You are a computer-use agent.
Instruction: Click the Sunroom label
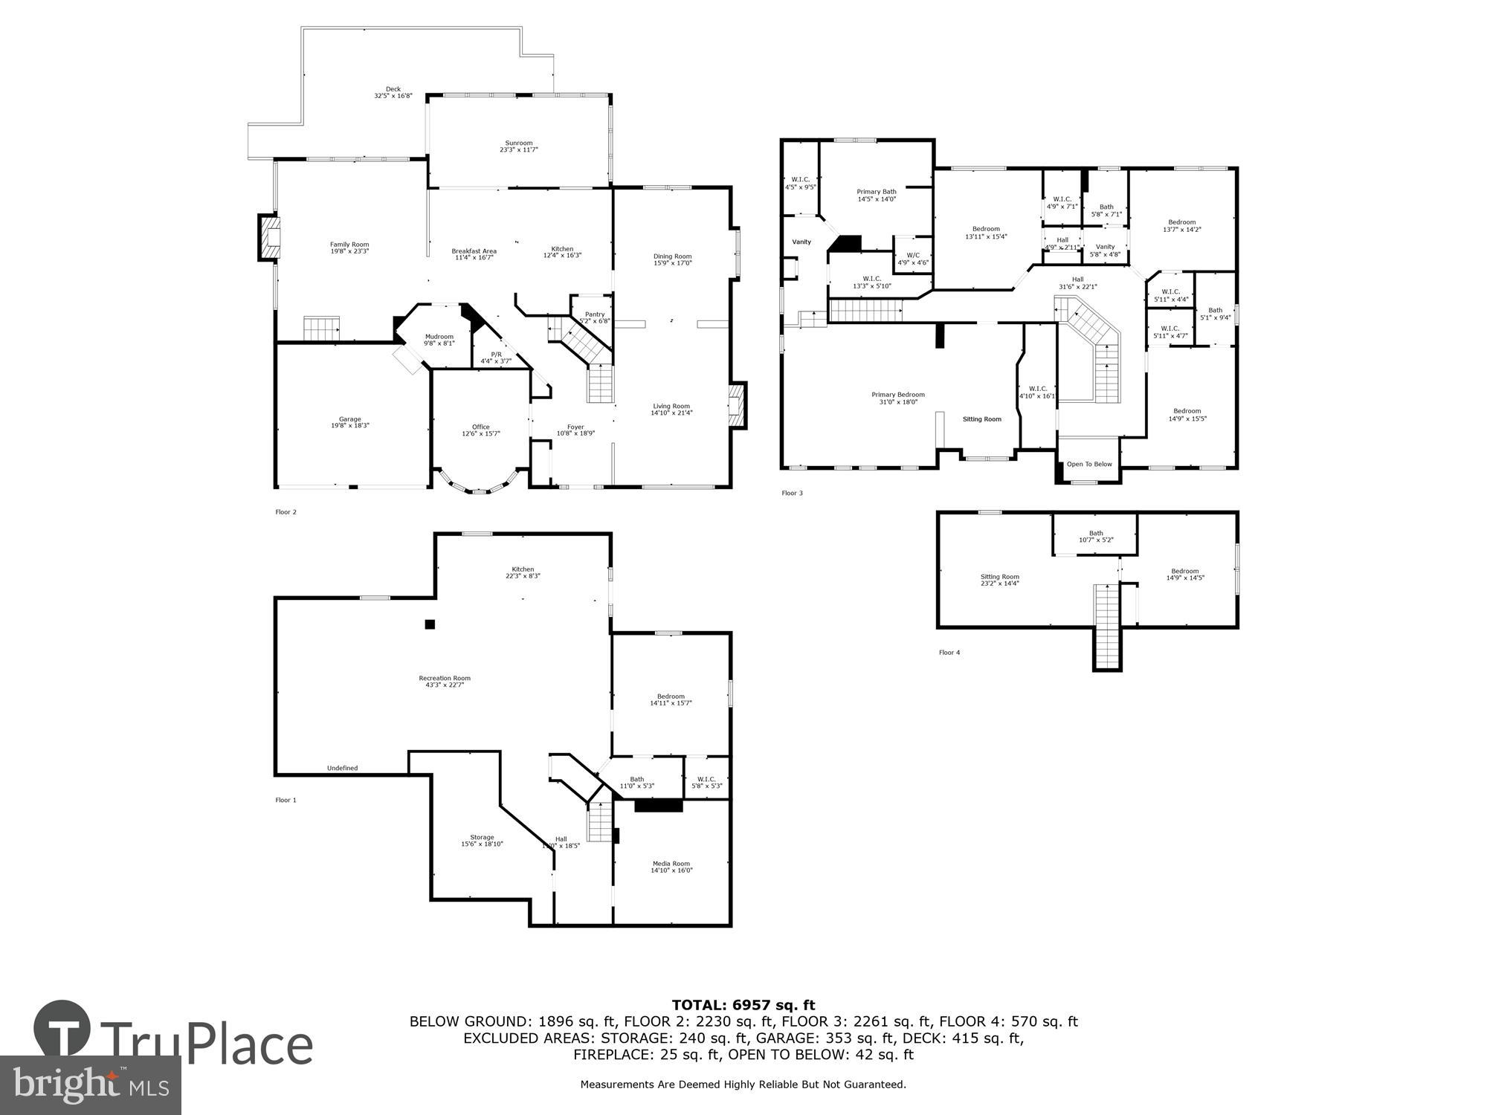518,143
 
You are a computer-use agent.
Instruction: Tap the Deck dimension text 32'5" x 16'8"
393,96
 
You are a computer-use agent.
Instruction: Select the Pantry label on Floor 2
595,314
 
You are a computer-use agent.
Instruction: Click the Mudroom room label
439,337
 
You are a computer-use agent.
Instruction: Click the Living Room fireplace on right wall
737,405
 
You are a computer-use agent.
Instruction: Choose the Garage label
349,419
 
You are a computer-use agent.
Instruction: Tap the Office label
480,427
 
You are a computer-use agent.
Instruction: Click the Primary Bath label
876,192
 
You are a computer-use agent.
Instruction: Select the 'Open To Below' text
1089,464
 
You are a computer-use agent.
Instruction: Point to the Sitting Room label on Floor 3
981,419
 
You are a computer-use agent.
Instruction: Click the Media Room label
671,864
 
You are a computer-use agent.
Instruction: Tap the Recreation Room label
445,678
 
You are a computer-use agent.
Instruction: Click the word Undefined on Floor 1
342,768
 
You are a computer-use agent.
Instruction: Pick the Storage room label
482,837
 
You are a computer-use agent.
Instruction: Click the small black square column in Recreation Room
429,624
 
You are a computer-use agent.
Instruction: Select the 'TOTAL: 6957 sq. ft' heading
743,1006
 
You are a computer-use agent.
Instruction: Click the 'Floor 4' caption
949,653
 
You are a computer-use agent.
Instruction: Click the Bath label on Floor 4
1095,533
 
